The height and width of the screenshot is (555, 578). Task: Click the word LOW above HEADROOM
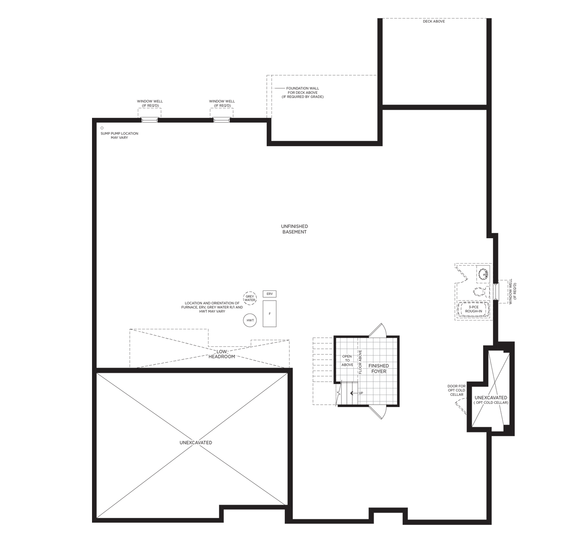222,352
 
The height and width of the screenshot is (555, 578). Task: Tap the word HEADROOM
222,357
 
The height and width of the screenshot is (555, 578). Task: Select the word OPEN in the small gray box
347,356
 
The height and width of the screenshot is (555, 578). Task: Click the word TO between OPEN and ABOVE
347,361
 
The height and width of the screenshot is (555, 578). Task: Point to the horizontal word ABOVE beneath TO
347,365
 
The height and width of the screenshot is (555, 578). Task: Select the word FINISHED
378,366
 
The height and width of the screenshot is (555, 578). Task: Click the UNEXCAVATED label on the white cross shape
196,443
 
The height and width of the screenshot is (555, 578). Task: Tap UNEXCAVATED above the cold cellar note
491,398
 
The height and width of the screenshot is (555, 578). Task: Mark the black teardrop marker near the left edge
103,128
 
